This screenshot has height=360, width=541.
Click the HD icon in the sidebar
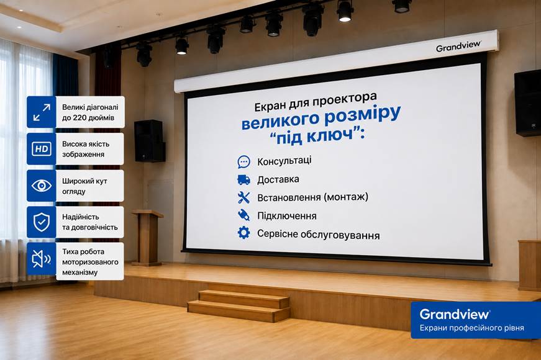(42, 148)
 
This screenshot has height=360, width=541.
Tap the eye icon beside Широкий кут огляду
(42, 186)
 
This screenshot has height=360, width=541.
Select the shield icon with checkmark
(42, 222)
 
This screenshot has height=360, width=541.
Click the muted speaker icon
(42, 259)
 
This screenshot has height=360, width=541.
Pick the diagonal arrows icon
(42, 112)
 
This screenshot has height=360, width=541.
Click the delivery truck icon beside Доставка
(243, 179)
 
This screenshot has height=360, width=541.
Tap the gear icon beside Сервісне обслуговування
(243, 233)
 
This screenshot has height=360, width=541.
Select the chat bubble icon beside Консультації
(243, 161)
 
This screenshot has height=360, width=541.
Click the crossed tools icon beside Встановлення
(243, 197)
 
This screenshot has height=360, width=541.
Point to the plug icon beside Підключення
(243, 215)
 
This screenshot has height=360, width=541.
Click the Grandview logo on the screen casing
(458, 46)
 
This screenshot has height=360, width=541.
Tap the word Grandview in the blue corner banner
(455, 314)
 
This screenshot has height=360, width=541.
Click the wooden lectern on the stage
(147, 238)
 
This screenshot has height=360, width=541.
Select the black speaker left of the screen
(150, 141)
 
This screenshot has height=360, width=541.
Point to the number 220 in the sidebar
(79, 117)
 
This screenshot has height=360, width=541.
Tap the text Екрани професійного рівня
(471, 328)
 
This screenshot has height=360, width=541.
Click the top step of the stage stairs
(243, 299)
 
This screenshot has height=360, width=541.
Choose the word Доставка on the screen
(278, 179)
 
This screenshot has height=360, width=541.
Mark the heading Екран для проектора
(316, 102)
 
